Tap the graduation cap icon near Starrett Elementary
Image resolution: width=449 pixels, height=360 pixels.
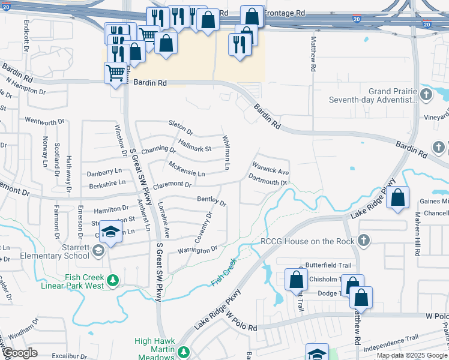[x=110, y=232]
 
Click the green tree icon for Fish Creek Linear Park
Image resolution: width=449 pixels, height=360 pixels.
[x=112, y=280]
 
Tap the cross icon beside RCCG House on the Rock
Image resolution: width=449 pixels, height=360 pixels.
[x=362, y=241]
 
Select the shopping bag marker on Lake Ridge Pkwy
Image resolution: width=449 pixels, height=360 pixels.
[x=397, y=197]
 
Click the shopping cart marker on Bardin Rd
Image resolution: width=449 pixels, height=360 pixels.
[x=115, y=73]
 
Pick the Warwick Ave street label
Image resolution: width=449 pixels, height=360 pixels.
[x=271, y=167]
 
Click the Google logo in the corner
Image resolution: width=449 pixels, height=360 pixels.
[x=19, y=352]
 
